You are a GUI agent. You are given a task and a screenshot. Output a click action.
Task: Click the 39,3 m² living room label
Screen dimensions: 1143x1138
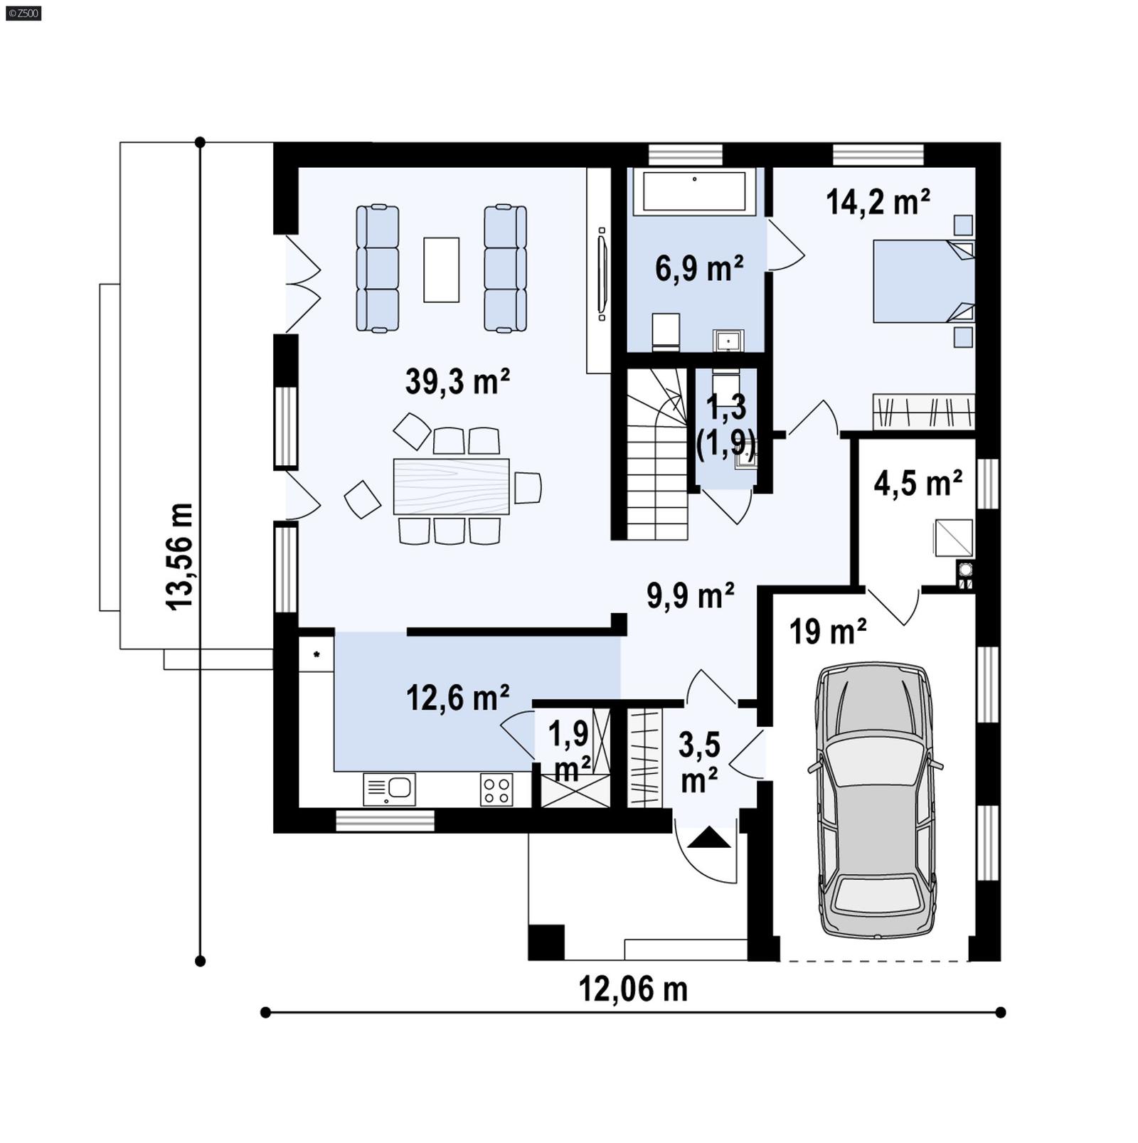click(457, 382)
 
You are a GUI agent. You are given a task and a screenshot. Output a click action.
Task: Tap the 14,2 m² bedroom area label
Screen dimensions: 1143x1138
click(878, 202)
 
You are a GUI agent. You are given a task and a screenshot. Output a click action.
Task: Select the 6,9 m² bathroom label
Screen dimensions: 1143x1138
click(698, 269)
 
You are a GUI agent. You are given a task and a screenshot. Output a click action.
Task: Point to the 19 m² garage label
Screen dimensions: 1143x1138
click(827, 631)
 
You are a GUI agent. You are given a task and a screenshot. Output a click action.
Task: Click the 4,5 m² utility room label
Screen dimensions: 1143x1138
click(918, 484)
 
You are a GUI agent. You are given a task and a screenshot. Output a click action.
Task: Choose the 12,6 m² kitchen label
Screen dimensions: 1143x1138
click(457, 698)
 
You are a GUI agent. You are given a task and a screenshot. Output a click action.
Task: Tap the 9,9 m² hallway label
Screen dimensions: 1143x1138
click(690, 595)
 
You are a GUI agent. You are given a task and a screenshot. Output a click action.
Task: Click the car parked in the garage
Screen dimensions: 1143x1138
click(875, 800)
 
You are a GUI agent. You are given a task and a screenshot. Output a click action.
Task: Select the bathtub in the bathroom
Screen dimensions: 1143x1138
click(694, 191)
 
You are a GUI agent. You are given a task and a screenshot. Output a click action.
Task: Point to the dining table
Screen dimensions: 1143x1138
click(451, 487)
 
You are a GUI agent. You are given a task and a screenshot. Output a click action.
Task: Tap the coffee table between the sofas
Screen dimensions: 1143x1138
click(441, 270)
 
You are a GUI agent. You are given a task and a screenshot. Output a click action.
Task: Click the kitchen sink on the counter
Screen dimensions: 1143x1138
click(389, 789)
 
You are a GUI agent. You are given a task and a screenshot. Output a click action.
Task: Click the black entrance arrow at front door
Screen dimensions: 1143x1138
click(709, 837)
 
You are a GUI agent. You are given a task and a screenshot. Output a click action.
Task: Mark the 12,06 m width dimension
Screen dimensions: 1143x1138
click(632, 989)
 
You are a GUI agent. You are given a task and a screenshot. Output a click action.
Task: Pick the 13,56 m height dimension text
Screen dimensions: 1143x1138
click(180, 555)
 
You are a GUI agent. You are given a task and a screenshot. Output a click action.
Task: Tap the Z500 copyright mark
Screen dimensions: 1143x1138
click(23, 12)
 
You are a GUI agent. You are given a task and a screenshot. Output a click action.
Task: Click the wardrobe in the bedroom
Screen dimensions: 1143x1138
click(922, 411)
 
